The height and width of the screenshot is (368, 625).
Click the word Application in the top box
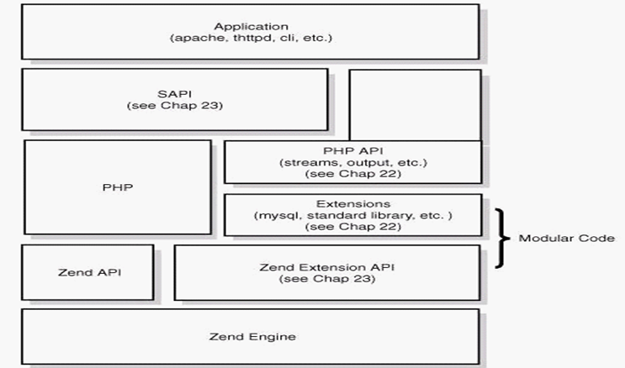point(252,27)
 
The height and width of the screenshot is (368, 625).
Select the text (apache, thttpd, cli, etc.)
point(252,38)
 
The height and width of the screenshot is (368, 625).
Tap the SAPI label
point(175,94)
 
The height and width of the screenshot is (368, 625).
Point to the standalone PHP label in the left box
point(118,187)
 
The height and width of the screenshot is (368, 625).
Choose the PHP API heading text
point(352,151)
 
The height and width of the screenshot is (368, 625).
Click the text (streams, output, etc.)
point(353,162)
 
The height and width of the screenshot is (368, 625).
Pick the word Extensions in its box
point(353,204)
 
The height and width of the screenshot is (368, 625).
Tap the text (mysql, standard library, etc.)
point(353,215)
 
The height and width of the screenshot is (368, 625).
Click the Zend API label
point(90,272)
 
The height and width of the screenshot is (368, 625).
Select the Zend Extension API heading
point(327,267)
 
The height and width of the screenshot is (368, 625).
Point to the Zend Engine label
point(252,337)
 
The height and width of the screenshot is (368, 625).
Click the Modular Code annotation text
point(566,238)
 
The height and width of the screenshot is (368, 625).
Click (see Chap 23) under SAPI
point(175,106)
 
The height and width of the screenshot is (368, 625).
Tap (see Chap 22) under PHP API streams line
point(353,174)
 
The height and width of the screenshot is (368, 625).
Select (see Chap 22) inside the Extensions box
point(353,227)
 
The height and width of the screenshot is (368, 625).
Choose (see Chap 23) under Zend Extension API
point(327,279)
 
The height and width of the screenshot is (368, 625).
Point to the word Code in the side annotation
point(596,238)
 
